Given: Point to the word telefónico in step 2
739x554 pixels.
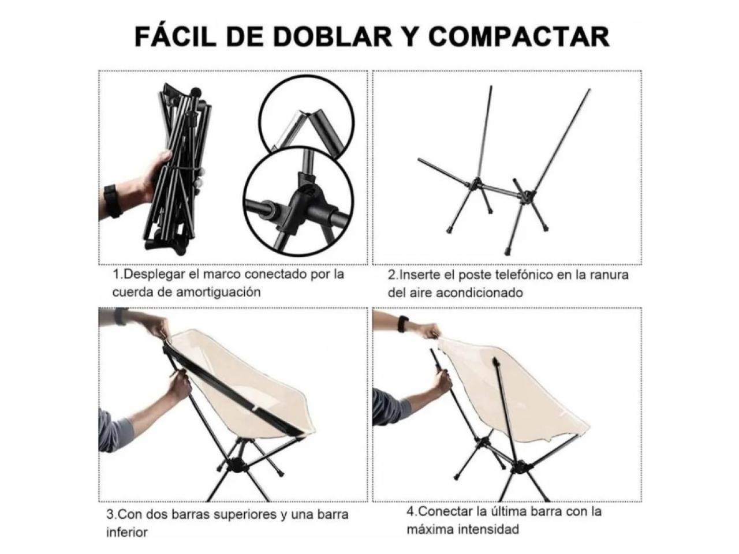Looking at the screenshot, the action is click(524, 275).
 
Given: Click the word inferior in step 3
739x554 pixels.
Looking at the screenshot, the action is click(127, 532).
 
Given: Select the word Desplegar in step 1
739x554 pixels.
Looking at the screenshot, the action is click(154, 275).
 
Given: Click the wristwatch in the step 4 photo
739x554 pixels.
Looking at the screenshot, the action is click(403, 324).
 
